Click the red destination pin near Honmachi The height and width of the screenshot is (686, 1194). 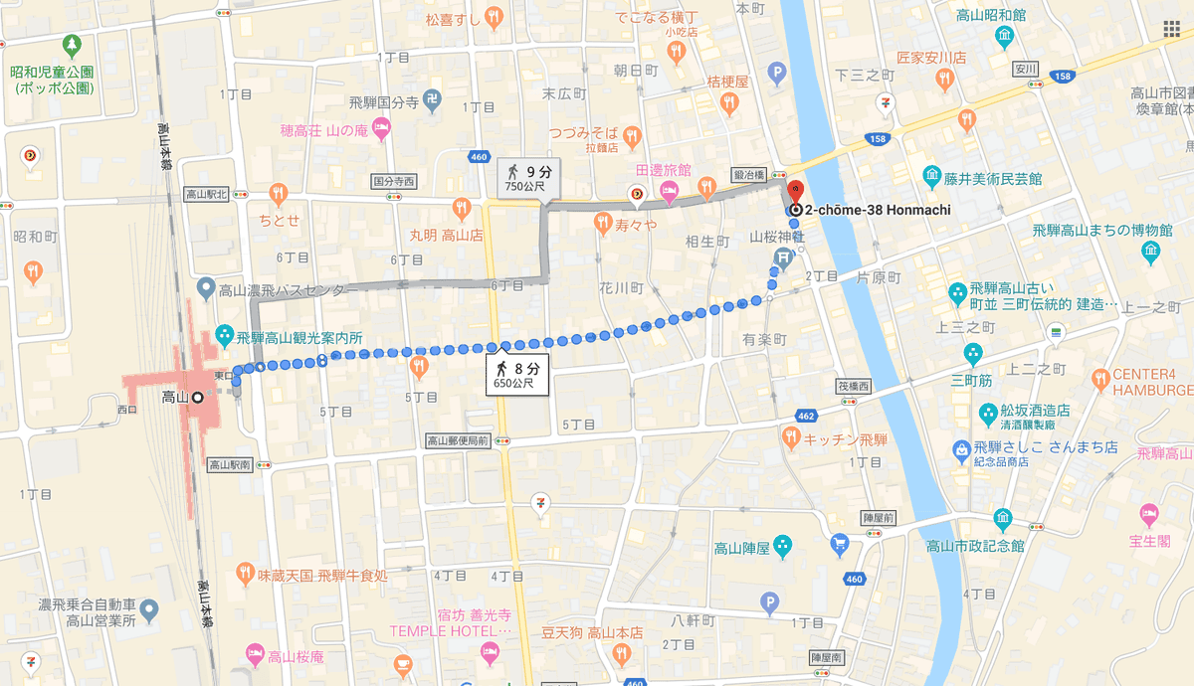tap(795, 191)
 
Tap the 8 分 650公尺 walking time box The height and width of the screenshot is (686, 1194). tap(517, 375)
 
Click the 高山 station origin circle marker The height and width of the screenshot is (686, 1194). tap(197, 398)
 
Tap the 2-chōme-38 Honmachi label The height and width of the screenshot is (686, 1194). tap(877, 210)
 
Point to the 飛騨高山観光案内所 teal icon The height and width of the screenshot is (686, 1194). tap(224, 337)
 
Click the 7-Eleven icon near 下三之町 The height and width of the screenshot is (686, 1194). tap(885, 101)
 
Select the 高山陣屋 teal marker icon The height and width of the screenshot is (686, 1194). tap(783, 546)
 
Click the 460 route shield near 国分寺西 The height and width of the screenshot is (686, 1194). tap(480, 156)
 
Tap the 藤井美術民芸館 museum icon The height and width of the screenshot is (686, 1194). tap(932, 178)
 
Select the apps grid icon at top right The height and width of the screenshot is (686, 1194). tap(1171, 28)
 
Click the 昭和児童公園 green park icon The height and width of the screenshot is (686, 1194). tap(71, 45)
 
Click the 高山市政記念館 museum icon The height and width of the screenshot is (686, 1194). tap(1002, 520)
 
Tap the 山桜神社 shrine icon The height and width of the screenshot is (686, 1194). tap(782, 257)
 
